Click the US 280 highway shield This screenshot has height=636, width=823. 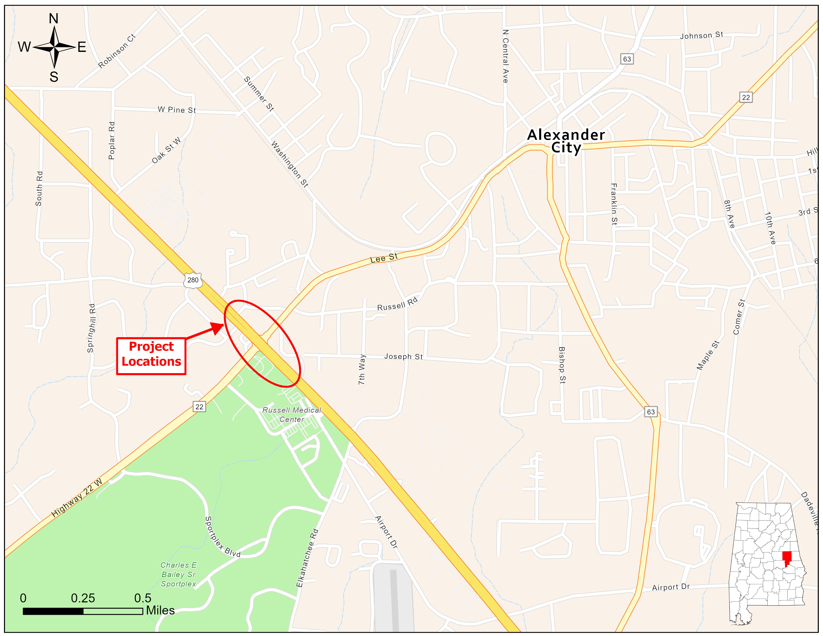click(193, 280)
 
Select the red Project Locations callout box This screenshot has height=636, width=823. click(151, 356)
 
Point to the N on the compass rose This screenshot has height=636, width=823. click(54, 18)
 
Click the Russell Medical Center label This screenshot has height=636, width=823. click(292, 415)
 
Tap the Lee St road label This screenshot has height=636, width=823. click(384, 258)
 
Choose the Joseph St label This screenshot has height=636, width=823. click(403, 356)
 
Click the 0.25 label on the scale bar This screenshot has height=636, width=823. click(83, 598)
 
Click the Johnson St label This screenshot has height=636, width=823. click(701, 35)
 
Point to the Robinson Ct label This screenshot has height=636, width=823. click(116, 51)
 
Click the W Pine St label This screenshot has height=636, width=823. click(177, 110)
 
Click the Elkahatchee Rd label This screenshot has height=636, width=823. click(307, 558)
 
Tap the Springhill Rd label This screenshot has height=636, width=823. click(91, 328)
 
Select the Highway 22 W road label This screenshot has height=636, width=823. click(77, 498)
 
